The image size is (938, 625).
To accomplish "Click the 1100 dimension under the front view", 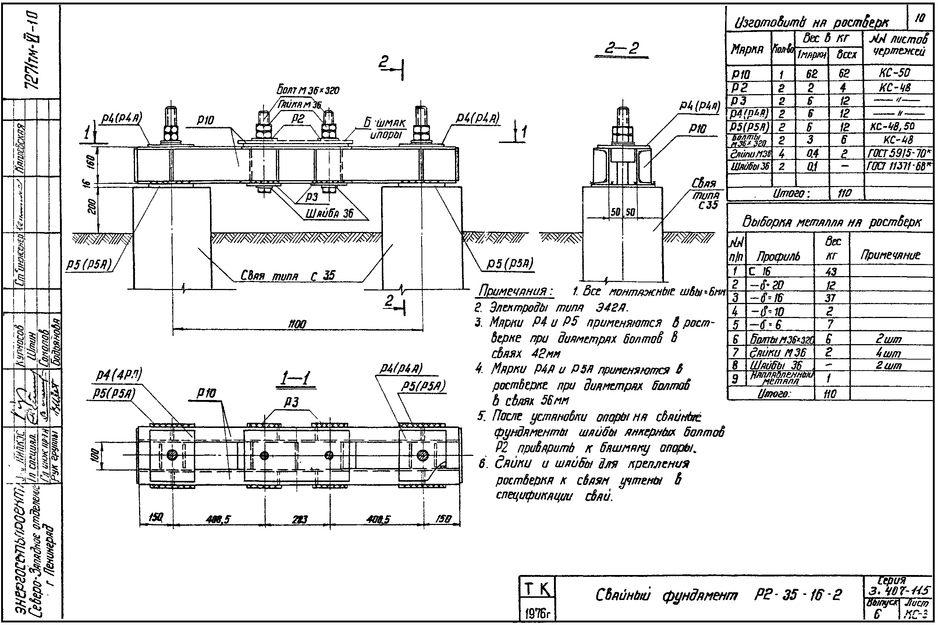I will tap(297, 324).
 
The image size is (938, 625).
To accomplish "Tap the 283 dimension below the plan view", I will tap(299, 519).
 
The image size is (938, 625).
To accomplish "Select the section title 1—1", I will tap(295, 378).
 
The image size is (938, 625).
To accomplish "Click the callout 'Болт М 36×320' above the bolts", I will tap(308, 90).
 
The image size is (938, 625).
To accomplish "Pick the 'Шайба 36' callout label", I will tap(330, 213).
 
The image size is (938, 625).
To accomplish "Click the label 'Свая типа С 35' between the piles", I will tap(288, 275).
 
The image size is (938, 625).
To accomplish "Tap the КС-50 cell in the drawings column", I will tap(895, 73).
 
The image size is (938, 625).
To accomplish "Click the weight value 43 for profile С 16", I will tap(831, 271).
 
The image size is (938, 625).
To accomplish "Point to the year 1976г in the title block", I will tap(537, 614).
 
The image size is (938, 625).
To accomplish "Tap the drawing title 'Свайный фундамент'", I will tap(667, 596).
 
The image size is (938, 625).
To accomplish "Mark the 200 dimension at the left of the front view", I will tap(91, 207).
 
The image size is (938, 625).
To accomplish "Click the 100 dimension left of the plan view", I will tap(94, 455).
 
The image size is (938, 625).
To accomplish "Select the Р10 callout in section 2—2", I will tap(697, 128).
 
